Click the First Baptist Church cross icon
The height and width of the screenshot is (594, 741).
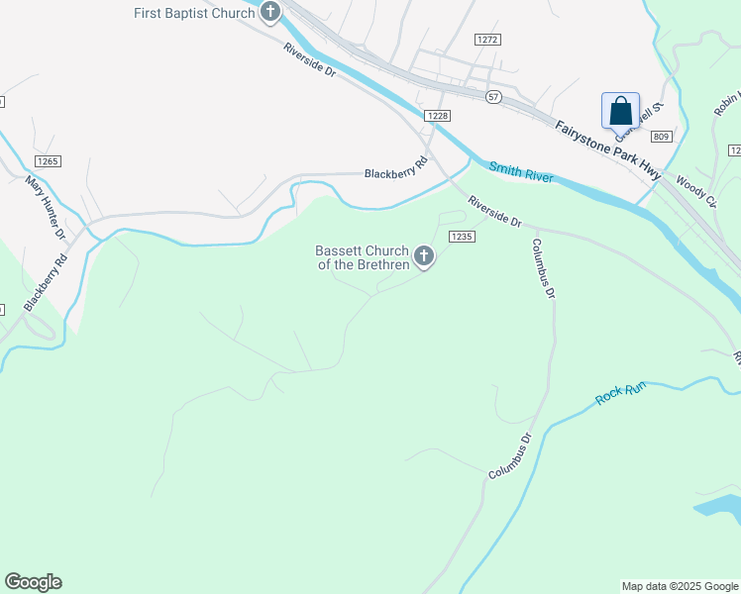tap(270, 12)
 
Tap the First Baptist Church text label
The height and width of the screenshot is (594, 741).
tap(195, 13)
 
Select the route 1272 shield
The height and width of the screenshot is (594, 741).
tap(487, 40)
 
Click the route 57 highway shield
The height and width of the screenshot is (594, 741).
tap(493, 96)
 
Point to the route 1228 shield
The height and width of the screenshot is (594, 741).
tap(438, 116)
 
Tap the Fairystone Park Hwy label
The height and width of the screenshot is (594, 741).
tap(607, 149)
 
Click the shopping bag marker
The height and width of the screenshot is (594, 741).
tap(620, 112)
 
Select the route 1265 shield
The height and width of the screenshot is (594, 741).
tap(48, 161)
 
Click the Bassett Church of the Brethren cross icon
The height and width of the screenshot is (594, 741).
tap(424, 257)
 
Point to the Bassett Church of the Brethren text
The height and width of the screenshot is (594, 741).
tap(362, 257)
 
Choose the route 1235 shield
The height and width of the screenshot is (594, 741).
tap(462, 237)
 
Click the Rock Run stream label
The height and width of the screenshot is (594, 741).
tap(621, 392)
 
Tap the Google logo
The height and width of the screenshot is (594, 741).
tap(33, 582)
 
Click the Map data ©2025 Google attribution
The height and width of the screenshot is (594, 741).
tap(681, 586)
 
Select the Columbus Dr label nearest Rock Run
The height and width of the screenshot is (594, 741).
tap(510, 457)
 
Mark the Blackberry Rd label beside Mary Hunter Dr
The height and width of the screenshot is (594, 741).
tap(46, 283)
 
